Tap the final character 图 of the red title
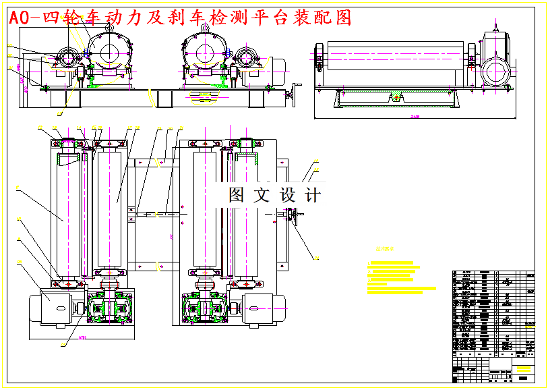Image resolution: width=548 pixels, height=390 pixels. click(343, 18)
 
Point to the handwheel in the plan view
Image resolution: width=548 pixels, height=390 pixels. click(293, 216)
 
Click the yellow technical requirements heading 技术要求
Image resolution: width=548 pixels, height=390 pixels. click(385, 248)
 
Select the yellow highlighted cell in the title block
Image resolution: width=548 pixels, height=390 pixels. click(522, 368)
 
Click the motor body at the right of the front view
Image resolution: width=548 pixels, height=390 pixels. click(276, 65)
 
